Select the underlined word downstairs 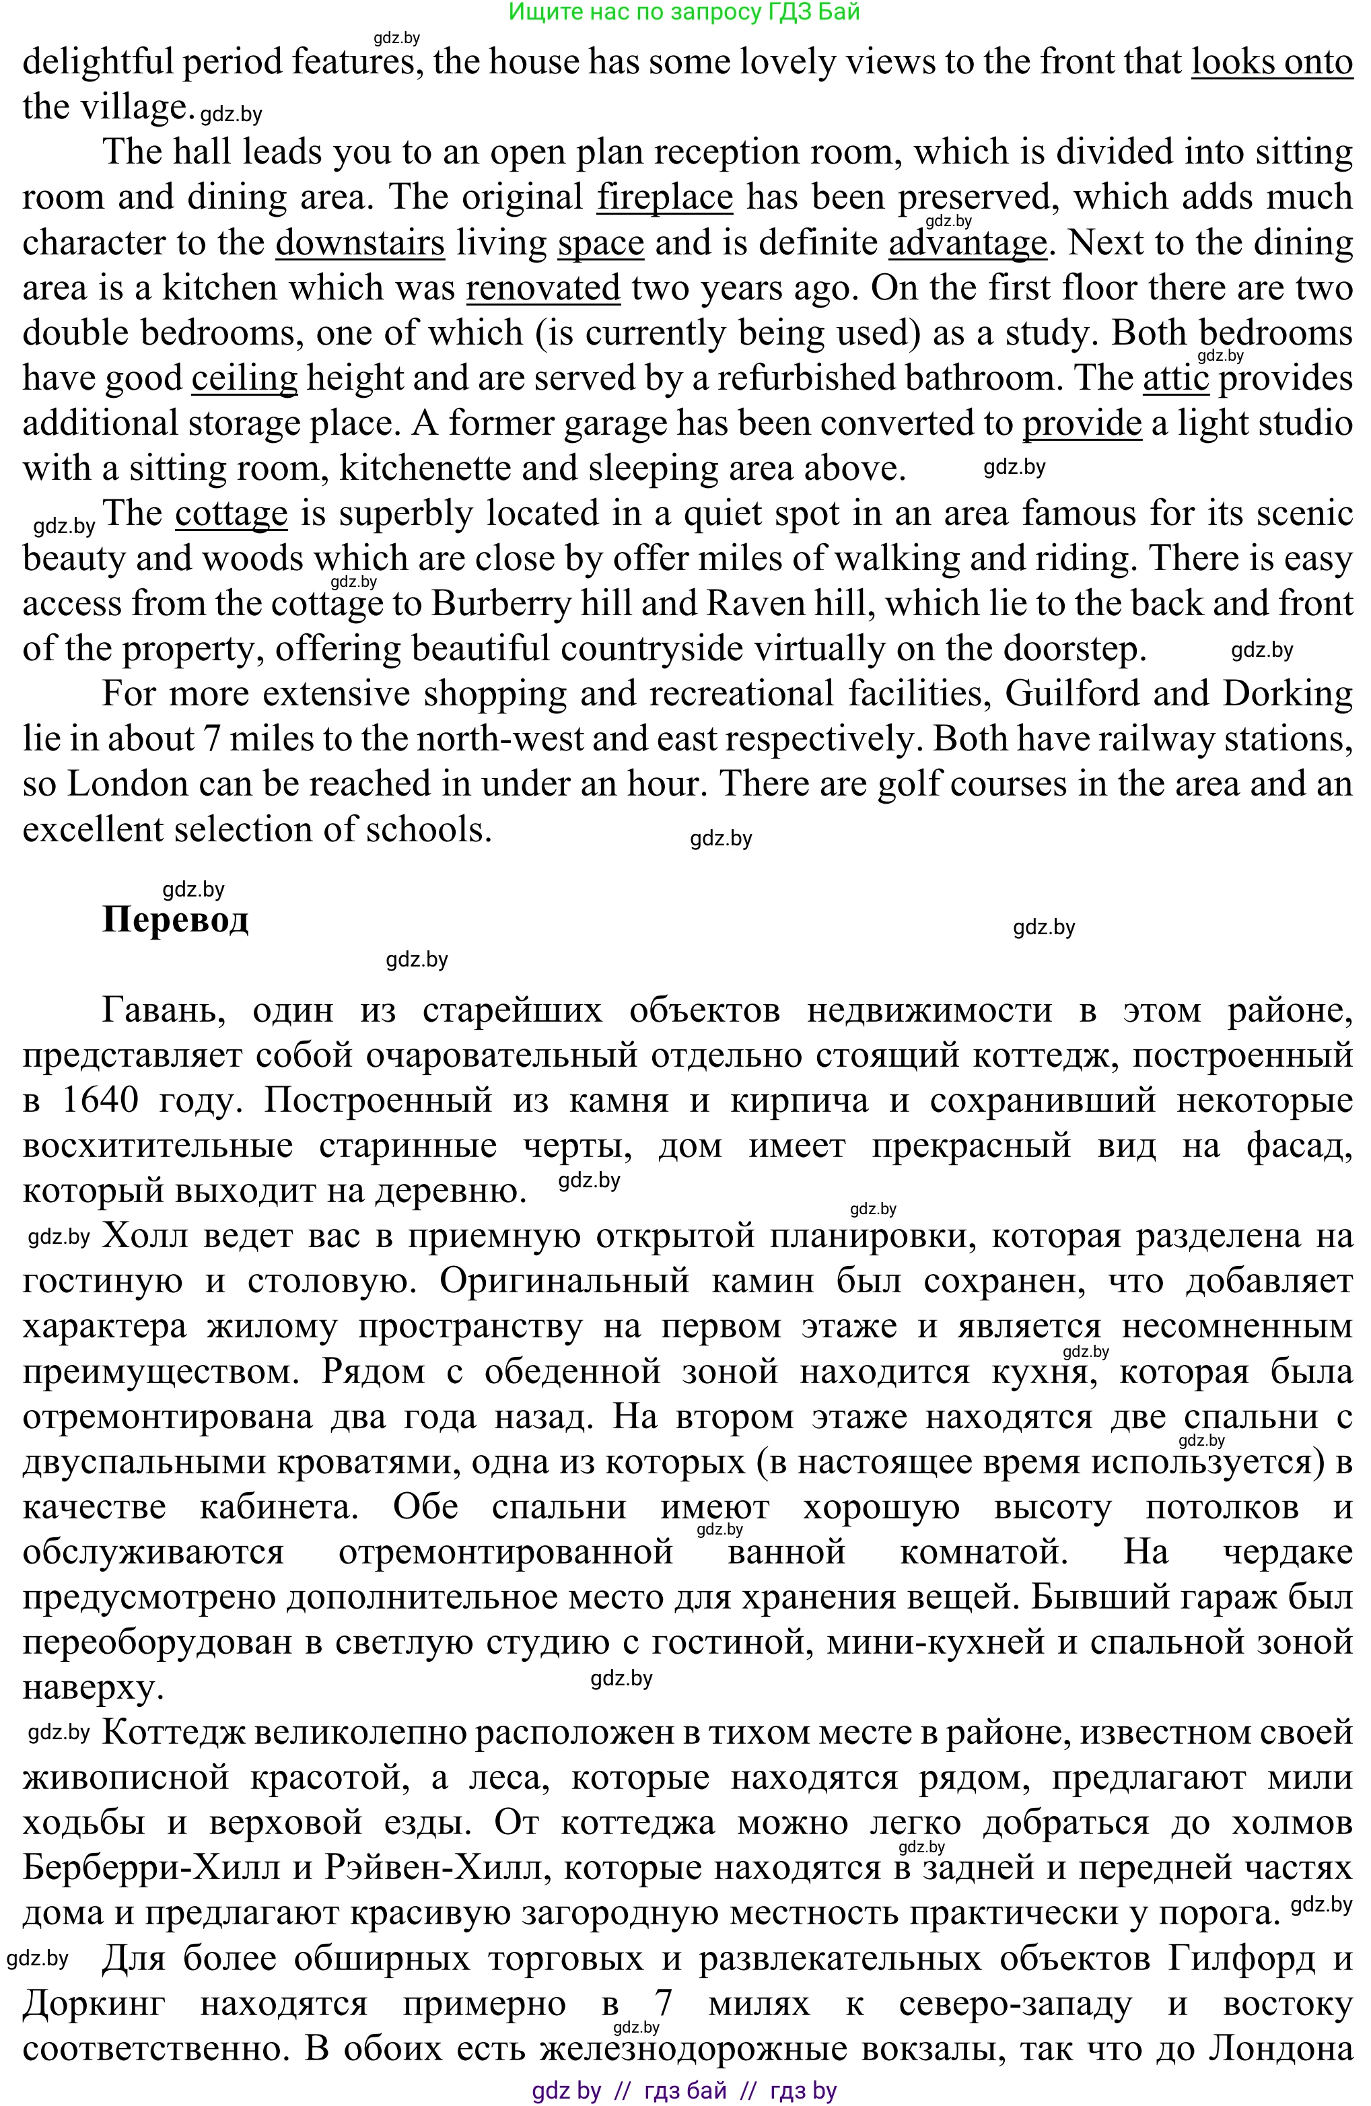point(359,242)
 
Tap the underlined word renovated point(542,287)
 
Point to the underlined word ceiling point(244,378)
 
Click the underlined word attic point(1175,378)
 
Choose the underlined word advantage point(967,242)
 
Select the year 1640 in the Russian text point(101,1100)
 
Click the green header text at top point(684,11)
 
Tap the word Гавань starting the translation point(163,1010)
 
